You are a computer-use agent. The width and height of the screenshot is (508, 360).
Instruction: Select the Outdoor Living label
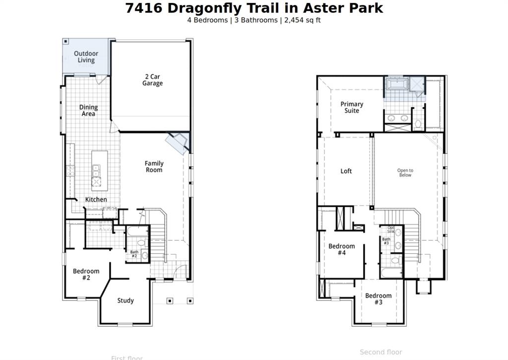pyautogui.click(x=86, y=57)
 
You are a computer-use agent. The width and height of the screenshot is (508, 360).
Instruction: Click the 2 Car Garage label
pyautogui.click(x=152, y=80)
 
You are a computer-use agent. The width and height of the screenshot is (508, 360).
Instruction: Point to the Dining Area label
pyautogui.click(x=88, y=110)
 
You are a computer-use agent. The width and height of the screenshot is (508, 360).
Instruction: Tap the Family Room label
pyautogui.click(x=154, y=166)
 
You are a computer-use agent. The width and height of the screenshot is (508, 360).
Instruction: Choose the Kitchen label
pyautogui.click(x=96, y=199)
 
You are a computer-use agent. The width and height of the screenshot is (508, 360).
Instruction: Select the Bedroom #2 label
pyautogui.click(x=86, y=274)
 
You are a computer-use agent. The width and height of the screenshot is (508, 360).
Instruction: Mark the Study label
pyautogui.click(x=126, y=300)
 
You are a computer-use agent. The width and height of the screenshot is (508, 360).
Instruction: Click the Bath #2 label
pyautogui.click(x=134, y=254)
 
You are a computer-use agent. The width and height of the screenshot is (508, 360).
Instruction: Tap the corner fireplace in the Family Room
pyautogui.click(x=177, y=143)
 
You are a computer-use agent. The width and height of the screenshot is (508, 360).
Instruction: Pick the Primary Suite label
pyautogui.click(x=352, y=107)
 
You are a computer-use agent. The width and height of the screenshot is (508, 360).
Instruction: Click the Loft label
pyautogui.click(x=346, y=171)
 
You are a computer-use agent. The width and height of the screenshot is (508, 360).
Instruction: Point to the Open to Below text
pyautogui.click(x=405, y=172)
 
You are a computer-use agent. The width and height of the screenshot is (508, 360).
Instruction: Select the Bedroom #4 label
pyautogui.click(x=341, y=249)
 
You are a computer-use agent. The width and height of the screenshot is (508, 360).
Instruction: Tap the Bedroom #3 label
pyautogui.click(x=379, y=298)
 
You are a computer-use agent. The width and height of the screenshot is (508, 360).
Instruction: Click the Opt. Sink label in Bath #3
pyautogui.click(x=391, y=229)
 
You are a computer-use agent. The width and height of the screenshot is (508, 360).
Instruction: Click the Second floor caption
pyautogui.click(x=381, y=352)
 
